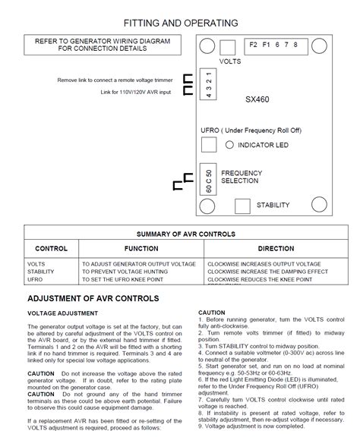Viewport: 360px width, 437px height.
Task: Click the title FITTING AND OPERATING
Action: (180, 23)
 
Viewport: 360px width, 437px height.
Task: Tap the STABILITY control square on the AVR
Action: (242, 205)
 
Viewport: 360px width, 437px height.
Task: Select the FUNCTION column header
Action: (141, 249)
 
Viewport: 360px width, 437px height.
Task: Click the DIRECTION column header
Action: (276, 249)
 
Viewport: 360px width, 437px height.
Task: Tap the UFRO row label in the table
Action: (36, 279)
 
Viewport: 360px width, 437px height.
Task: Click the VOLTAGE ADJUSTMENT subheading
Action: (62, 313)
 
